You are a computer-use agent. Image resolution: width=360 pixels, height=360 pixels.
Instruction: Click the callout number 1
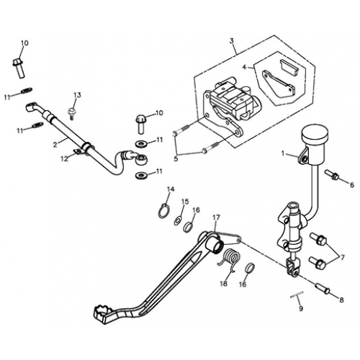tap(283, 154)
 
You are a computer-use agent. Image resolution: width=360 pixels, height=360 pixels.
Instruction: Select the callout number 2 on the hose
tap(55, 144)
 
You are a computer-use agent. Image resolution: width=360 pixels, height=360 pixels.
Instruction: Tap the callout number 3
tap(233, 42)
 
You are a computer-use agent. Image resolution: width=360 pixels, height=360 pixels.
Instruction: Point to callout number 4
tap(244, 66)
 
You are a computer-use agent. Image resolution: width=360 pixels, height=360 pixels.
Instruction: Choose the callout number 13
tap(77, 95)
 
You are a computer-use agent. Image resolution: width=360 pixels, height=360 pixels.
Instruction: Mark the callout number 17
tap(215, 217)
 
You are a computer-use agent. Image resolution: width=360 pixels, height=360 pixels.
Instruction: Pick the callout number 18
tap(223, 284)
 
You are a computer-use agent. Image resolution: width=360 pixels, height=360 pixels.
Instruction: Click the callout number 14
tap(171, 190)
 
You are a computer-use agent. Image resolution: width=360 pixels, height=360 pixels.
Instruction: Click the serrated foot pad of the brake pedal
tap(102, 313)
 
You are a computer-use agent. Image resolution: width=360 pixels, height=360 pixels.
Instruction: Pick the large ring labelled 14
tap(165, 210)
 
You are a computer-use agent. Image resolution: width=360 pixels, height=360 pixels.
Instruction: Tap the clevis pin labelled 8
tap(323, 289)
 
